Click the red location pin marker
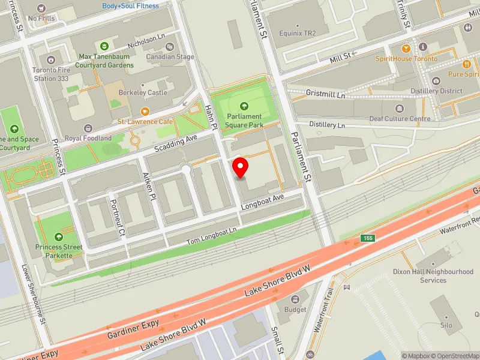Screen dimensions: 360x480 tap(241, 167)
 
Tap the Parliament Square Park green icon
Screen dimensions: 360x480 tap(244, 106)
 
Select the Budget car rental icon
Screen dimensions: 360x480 tap(295, 299)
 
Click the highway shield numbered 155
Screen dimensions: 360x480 tap(368, 239)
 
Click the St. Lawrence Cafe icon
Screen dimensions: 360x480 tap(145, 112)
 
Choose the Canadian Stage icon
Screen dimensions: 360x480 tap(171, 47)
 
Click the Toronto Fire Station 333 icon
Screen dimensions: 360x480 tap(51, 59)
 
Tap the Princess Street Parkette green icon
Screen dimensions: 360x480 tap(58, 237)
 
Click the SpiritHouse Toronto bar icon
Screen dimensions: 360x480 tap(406, 48)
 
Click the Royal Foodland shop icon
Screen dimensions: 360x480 tap(88, 128)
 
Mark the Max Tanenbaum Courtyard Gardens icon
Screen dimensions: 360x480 tap(104, 46)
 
